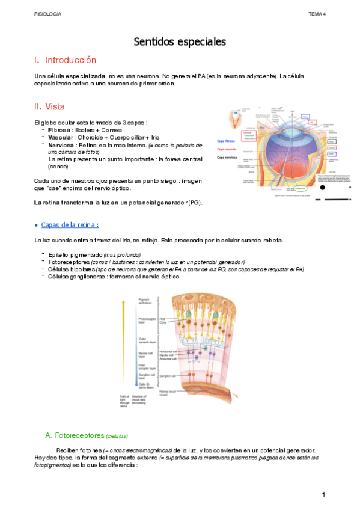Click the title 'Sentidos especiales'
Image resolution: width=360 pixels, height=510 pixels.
pyautogui.click(x=180, y=42)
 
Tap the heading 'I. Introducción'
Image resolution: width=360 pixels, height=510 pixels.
pyautogui.click(x=66, y=60)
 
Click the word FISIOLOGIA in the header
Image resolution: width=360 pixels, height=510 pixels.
pyautogui.click(x=47, y=13)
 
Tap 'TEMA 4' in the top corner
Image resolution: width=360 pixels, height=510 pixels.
pyautogui.click(x=317, y=13)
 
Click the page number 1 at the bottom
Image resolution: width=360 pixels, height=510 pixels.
pyautogui.click(x=323, y=494)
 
